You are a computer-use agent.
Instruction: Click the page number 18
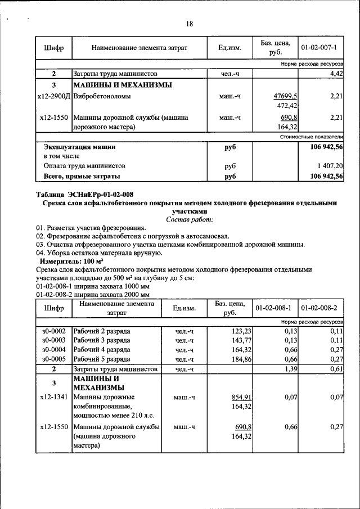(x=189, y=24)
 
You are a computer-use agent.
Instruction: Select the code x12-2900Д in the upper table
(x=53, y=97)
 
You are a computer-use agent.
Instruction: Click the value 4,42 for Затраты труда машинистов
(x=336, y=74)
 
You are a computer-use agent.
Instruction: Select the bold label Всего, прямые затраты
(x=82, y=177)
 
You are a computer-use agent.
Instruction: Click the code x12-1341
(x=54, y=397)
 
